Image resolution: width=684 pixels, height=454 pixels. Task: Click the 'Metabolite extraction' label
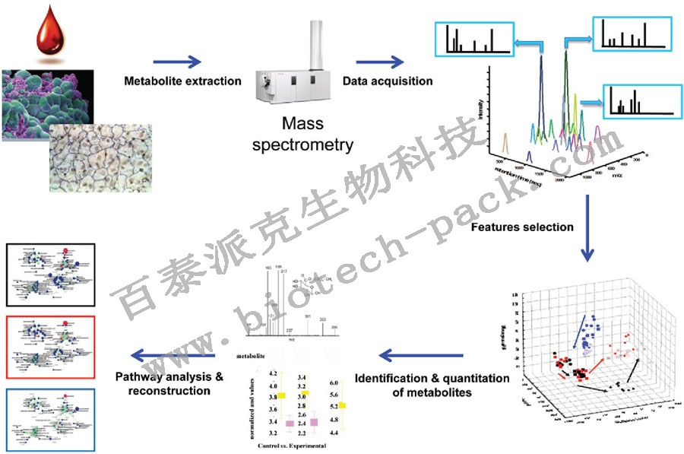click(182, 81)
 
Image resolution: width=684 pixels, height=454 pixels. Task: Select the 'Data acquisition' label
click(387, 81)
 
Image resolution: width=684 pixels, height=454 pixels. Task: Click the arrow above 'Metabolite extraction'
click(177, 62)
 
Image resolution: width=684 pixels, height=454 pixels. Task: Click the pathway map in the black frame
click(50, 274)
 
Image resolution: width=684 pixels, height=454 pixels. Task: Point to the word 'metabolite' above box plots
click(252, 355)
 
